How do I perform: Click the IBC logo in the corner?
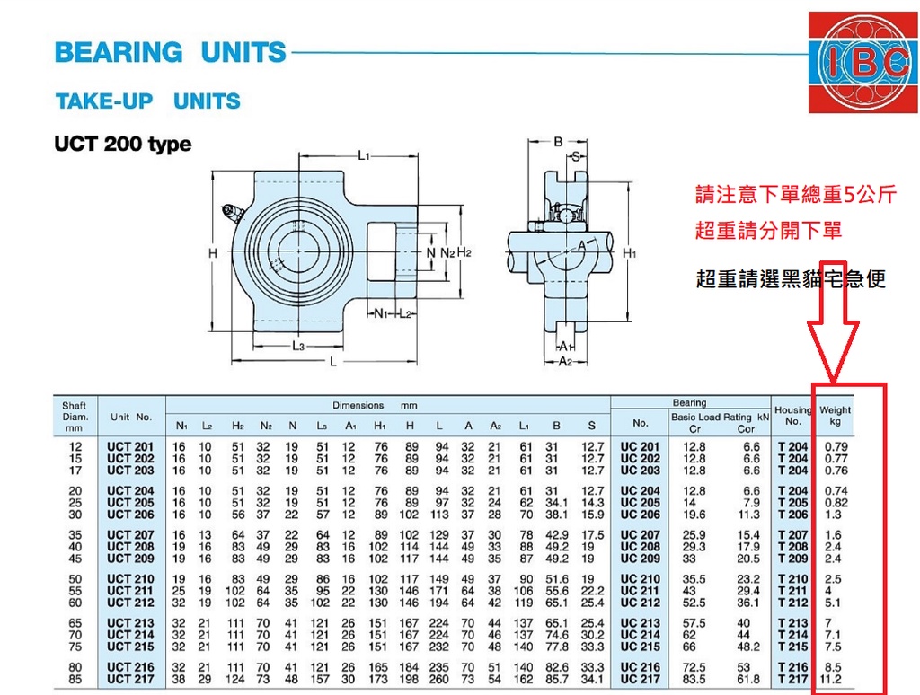click(x=862, y=62)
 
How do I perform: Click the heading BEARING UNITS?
click(x=170, y=53)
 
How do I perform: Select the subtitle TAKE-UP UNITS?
click(x=148, y=101)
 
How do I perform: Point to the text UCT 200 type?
click(x=122, y=145)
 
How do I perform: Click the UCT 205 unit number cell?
click(x=130, y=503)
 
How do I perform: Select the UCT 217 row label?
click(x=130, y=679)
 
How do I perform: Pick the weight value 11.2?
click(x=833, y=679)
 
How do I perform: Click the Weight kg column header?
click(x=836, y=416)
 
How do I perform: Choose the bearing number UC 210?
click(x=640, y=579)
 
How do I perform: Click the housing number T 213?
click(x=792, y=623)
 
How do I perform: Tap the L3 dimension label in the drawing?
click(x=298, y=346)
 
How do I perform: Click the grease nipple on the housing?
click(x=233, y=213)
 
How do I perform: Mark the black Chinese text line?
click(x=791, y=279)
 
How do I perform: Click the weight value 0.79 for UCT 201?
click(x=836, y=446)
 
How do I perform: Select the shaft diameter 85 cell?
click(x=75, y=679)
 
